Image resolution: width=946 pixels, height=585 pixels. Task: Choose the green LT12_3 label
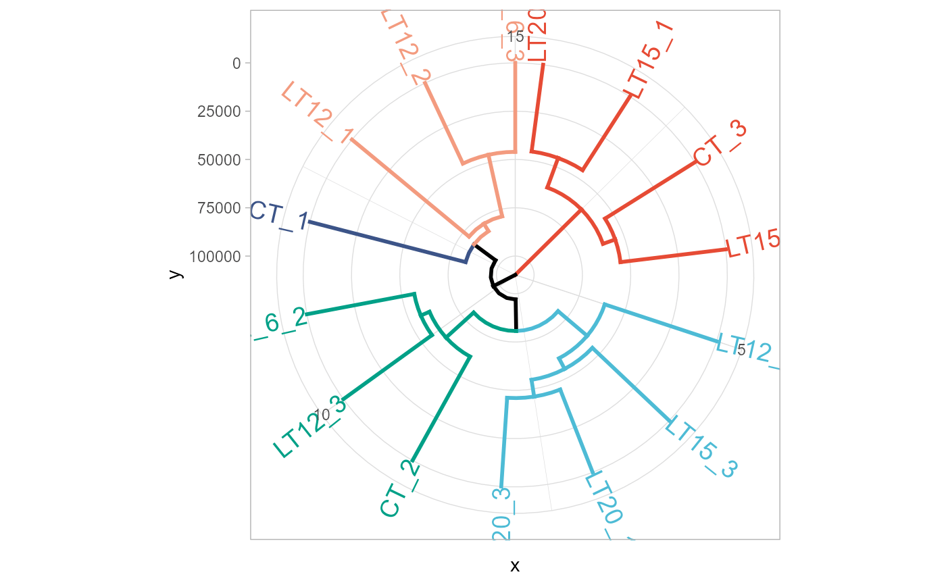point(309,427)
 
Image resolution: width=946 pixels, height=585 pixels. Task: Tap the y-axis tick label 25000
point(218,111)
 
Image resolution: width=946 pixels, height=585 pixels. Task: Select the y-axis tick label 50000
point(218,160)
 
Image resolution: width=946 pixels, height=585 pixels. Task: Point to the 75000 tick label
point(218,208)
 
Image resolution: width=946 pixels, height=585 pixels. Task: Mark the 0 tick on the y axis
point(236,63)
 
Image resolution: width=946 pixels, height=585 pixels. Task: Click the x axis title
point(515,565)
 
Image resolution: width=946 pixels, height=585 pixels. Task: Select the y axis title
point(175,274)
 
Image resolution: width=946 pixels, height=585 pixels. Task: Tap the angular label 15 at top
point(515,36)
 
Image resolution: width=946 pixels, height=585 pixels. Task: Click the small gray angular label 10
point(322,415)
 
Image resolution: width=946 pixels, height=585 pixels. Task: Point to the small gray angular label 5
point(741,349)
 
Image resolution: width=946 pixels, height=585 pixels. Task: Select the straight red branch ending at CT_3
point(649,191)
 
